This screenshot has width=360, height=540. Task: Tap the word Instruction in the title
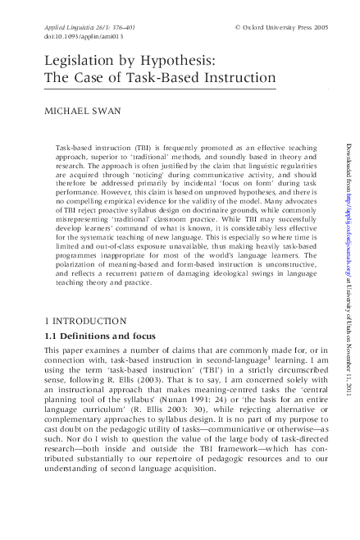coord(238,80)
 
